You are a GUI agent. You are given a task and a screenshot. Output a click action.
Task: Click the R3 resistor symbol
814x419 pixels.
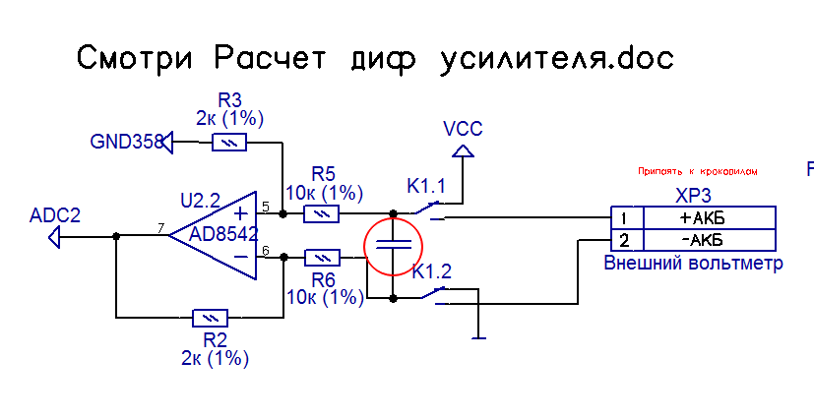point(228,144)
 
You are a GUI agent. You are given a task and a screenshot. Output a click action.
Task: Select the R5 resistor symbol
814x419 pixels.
point(321,213)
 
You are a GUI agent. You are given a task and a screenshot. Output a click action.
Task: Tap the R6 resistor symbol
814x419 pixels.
point(322,258)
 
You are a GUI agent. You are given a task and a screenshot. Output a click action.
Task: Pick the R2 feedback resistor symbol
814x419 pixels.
point(210,318)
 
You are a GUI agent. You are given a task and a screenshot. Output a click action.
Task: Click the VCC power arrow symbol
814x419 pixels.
point(462,150)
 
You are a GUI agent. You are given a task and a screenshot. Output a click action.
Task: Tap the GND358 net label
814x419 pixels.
point(126,143)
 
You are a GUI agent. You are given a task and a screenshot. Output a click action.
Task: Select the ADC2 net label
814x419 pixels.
point(55,215)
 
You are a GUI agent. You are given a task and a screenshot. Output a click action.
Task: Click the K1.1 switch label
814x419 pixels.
point(426,186)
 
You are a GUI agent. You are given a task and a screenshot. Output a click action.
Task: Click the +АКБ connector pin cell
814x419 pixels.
point(708,218)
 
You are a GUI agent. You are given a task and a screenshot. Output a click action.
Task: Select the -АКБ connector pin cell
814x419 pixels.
point(708,241)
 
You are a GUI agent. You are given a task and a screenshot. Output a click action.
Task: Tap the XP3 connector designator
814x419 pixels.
point(693,195)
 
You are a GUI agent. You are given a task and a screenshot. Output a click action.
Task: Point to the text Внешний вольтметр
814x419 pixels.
point(693,264)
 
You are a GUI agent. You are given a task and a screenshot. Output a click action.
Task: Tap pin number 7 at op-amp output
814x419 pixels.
point(160,228)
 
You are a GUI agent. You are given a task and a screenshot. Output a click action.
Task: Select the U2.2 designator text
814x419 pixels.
point(201,200)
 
